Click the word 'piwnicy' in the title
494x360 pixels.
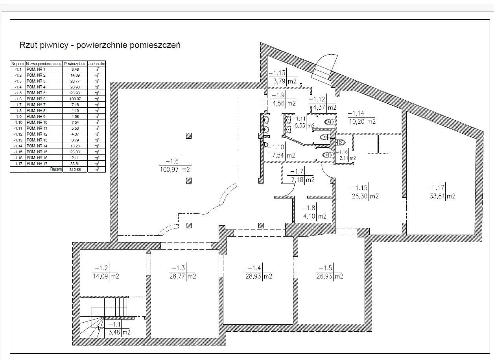55,45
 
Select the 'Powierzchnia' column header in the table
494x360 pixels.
75,64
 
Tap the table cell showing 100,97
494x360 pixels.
75,99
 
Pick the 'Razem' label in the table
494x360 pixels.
56,169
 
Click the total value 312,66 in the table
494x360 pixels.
75,170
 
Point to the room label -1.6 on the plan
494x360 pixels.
172,161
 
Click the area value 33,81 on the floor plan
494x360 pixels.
437,196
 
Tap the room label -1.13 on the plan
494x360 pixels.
277,73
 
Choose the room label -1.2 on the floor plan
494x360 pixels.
101,268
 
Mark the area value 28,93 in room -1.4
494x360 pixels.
253,276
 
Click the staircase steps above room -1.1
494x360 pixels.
116,307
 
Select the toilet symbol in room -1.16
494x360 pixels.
340,142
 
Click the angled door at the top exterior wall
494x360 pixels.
324,67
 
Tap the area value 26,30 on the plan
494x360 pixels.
359,196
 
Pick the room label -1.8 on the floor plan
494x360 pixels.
308,208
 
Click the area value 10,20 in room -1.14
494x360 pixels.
357,121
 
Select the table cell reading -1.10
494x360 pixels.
18,123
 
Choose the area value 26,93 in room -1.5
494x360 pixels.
324,276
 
